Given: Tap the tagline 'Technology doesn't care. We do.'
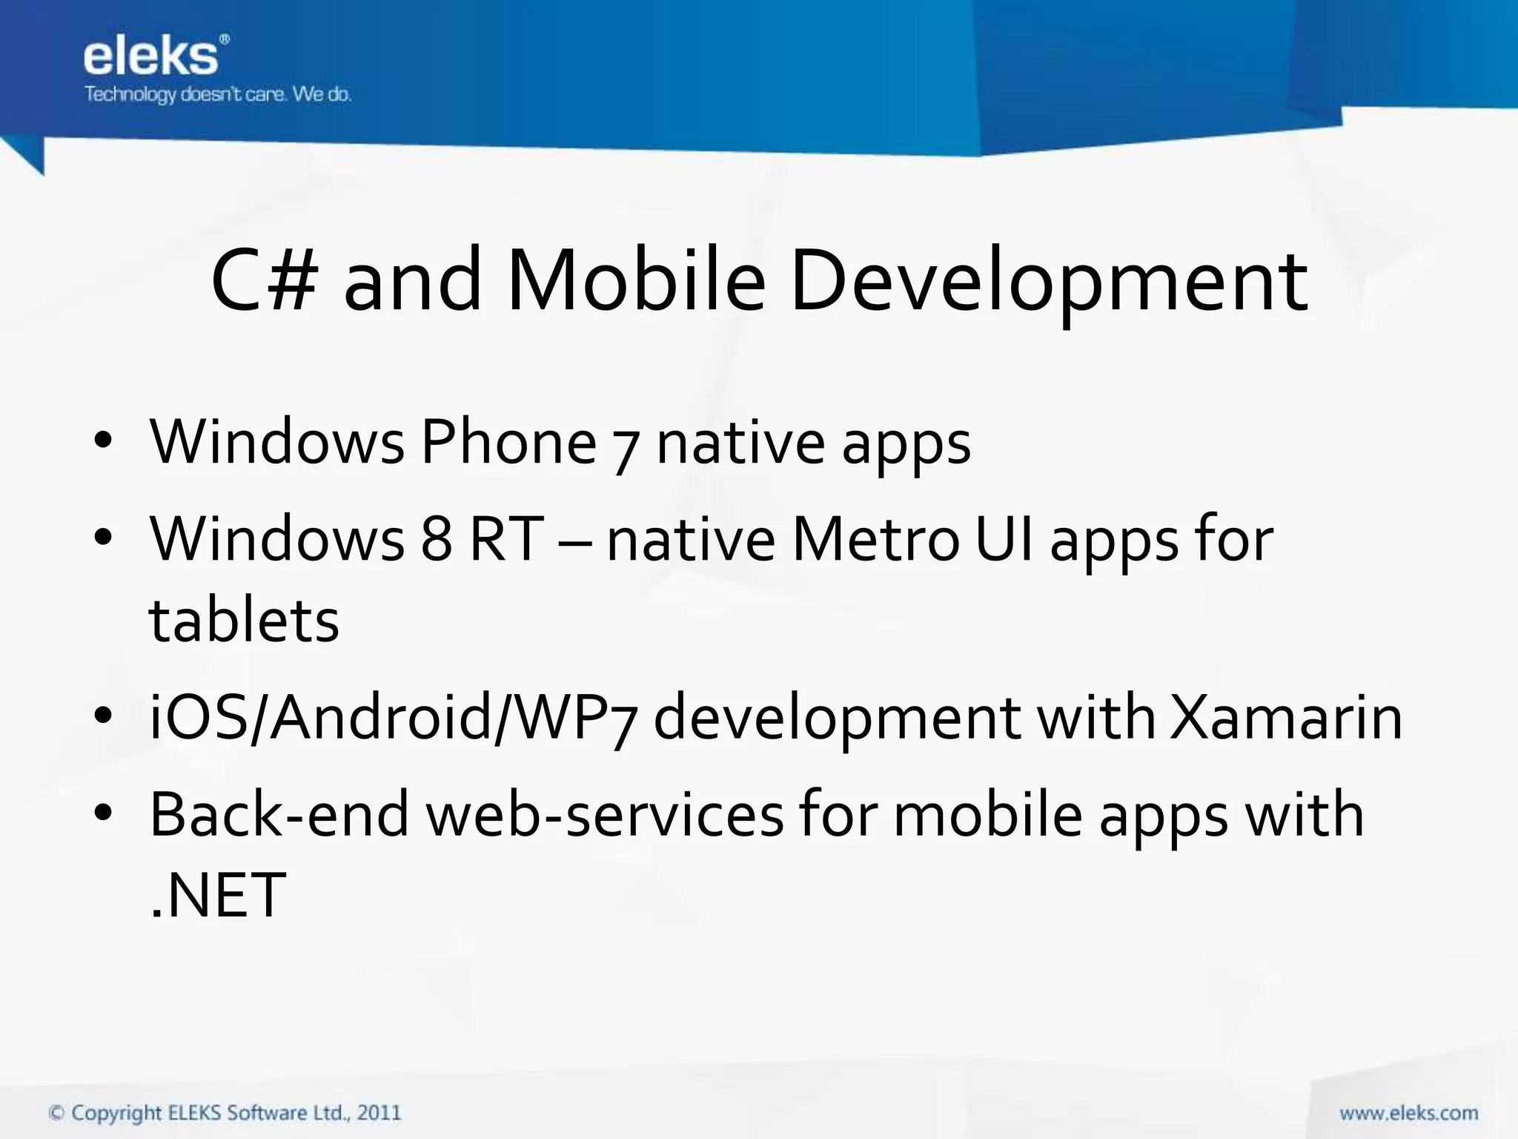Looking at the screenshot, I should (217, 95).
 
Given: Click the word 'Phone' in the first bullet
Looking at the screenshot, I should (508, 443).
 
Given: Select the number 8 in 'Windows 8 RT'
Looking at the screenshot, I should (437, 539).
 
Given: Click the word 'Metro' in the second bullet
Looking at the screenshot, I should (875, 539).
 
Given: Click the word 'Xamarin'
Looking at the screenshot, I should (1286, 718).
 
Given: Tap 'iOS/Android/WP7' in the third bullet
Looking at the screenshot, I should (393, 718).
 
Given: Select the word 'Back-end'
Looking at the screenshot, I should (279, 815).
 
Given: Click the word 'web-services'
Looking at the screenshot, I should (604, 815).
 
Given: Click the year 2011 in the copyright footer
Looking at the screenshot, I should (379, 1113).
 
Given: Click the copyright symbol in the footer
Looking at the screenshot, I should (56, 1113).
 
